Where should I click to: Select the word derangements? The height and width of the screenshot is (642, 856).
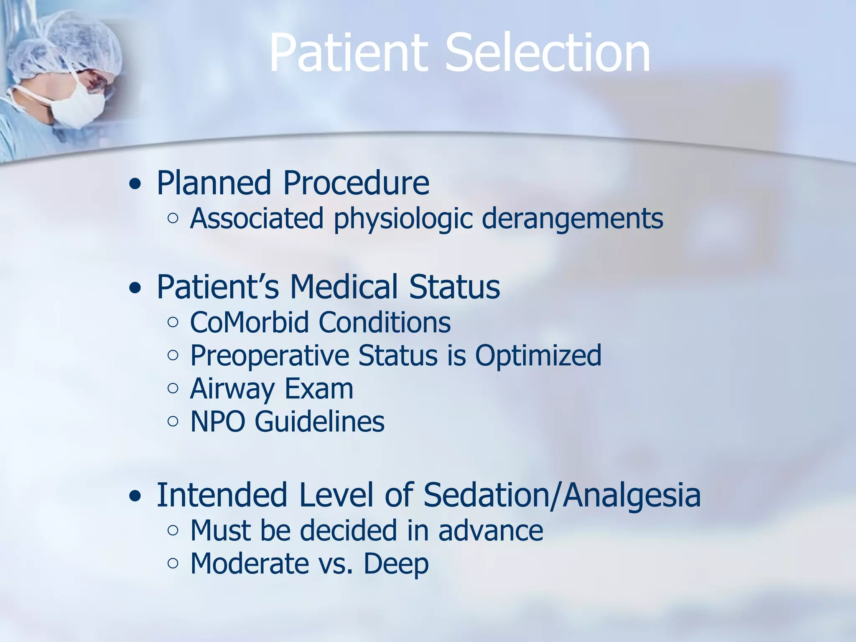point(572,219)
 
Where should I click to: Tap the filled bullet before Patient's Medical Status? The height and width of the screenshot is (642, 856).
point(135,288)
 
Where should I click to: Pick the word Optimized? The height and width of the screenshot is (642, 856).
point(538,356)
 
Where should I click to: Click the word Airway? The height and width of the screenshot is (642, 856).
point(232,389)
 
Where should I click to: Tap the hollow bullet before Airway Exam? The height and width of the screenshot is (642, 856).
point(173,388)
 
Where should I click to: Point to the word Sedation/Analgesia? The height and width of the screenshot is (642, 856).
point(562,495)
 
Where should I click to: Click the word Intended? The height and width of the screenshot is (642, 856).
point(222,495)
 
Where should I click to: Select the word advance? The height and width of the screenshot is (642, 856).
point(491,531)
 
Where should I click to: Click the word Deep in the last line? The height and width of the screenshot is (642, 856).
point(396,564)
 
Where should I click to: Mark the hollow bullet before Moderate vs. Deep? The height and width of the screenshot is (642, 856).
point(173,563)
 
